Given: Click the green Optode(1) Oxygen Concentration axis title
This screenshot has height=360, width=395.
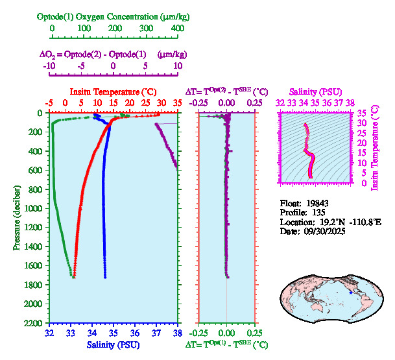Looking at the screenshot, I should click(114, 16).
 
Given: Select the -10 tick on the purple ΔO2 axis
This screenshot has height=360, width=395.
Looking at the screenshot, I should click(49, 66).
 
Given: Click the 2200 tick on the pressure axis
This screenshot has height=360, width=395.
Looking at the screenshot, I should click(35, 323).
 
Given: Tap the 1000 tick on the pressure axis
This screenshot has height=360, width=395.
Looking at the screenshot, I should click(35, 208).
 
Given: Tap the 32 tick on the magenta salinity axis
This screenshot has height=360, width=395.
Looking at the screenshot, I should click(280, 102).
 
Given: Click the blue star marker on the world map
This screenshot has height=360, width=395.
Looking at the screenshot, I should click(351, 293).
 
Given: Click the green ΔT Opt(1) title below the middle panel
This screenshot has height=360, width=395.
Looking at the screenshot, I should click(227, 346).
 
